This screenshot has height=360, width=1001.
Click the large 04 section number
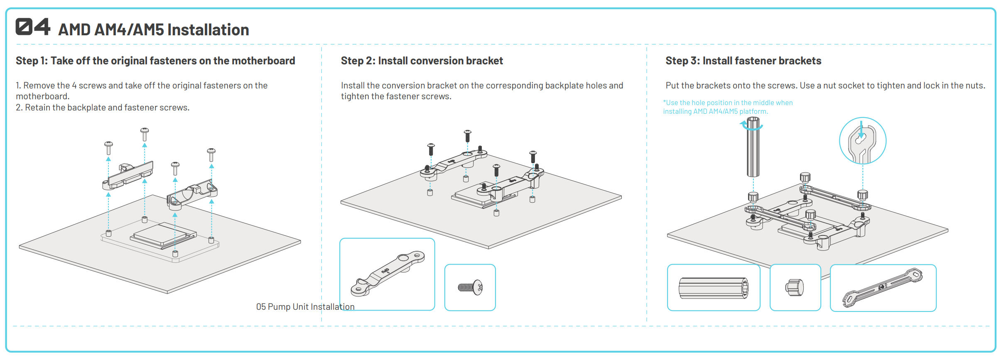point(33,27)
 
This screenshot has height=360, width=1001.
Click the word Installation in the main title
point(208,30)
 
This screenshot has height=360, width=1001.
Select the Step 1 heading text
point(155,61)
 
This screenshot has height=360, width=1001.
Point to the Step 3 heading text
point(743,61)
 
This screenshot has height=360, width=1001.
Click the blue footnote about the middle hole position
point(727,107)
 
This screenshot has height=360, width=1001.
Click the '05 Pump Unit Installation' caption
point(305,307)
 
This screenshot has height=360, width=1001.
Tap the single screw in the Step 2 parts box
point(470,287)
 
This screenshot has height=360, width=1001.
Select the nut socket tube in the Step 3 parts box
point(713,288)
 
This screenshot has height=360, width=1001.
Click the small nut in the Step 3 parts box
point(795,287)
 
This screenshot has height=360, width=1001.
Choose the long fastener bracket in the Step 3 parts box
point(883,287)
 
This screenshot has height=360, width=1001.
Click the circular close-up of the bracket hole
point(862,141)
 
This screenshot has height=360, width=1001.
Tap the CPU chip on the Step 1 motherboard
point(163,235)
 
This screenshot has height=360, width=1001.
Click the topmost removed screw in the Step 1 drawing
point(145,134)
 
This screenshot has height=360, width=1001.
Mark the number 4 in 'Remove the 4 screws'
point(74,86)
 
